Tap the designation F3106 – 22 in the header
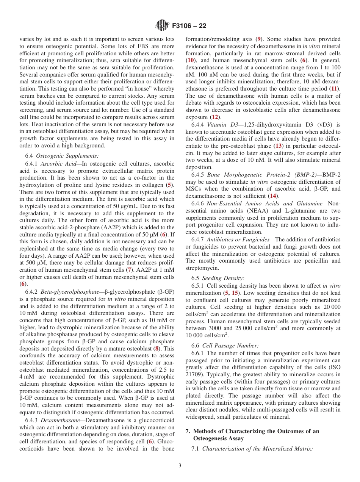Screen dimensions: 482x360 point(189,26)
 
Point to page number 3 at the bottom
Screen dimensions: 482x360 point(180,465)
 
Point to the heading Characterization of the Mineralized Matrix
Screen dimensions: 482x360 point(257,449)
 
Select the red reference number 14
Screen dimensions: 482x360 point(272,196)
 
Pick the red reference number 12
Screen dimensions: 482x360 point(215,117)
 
